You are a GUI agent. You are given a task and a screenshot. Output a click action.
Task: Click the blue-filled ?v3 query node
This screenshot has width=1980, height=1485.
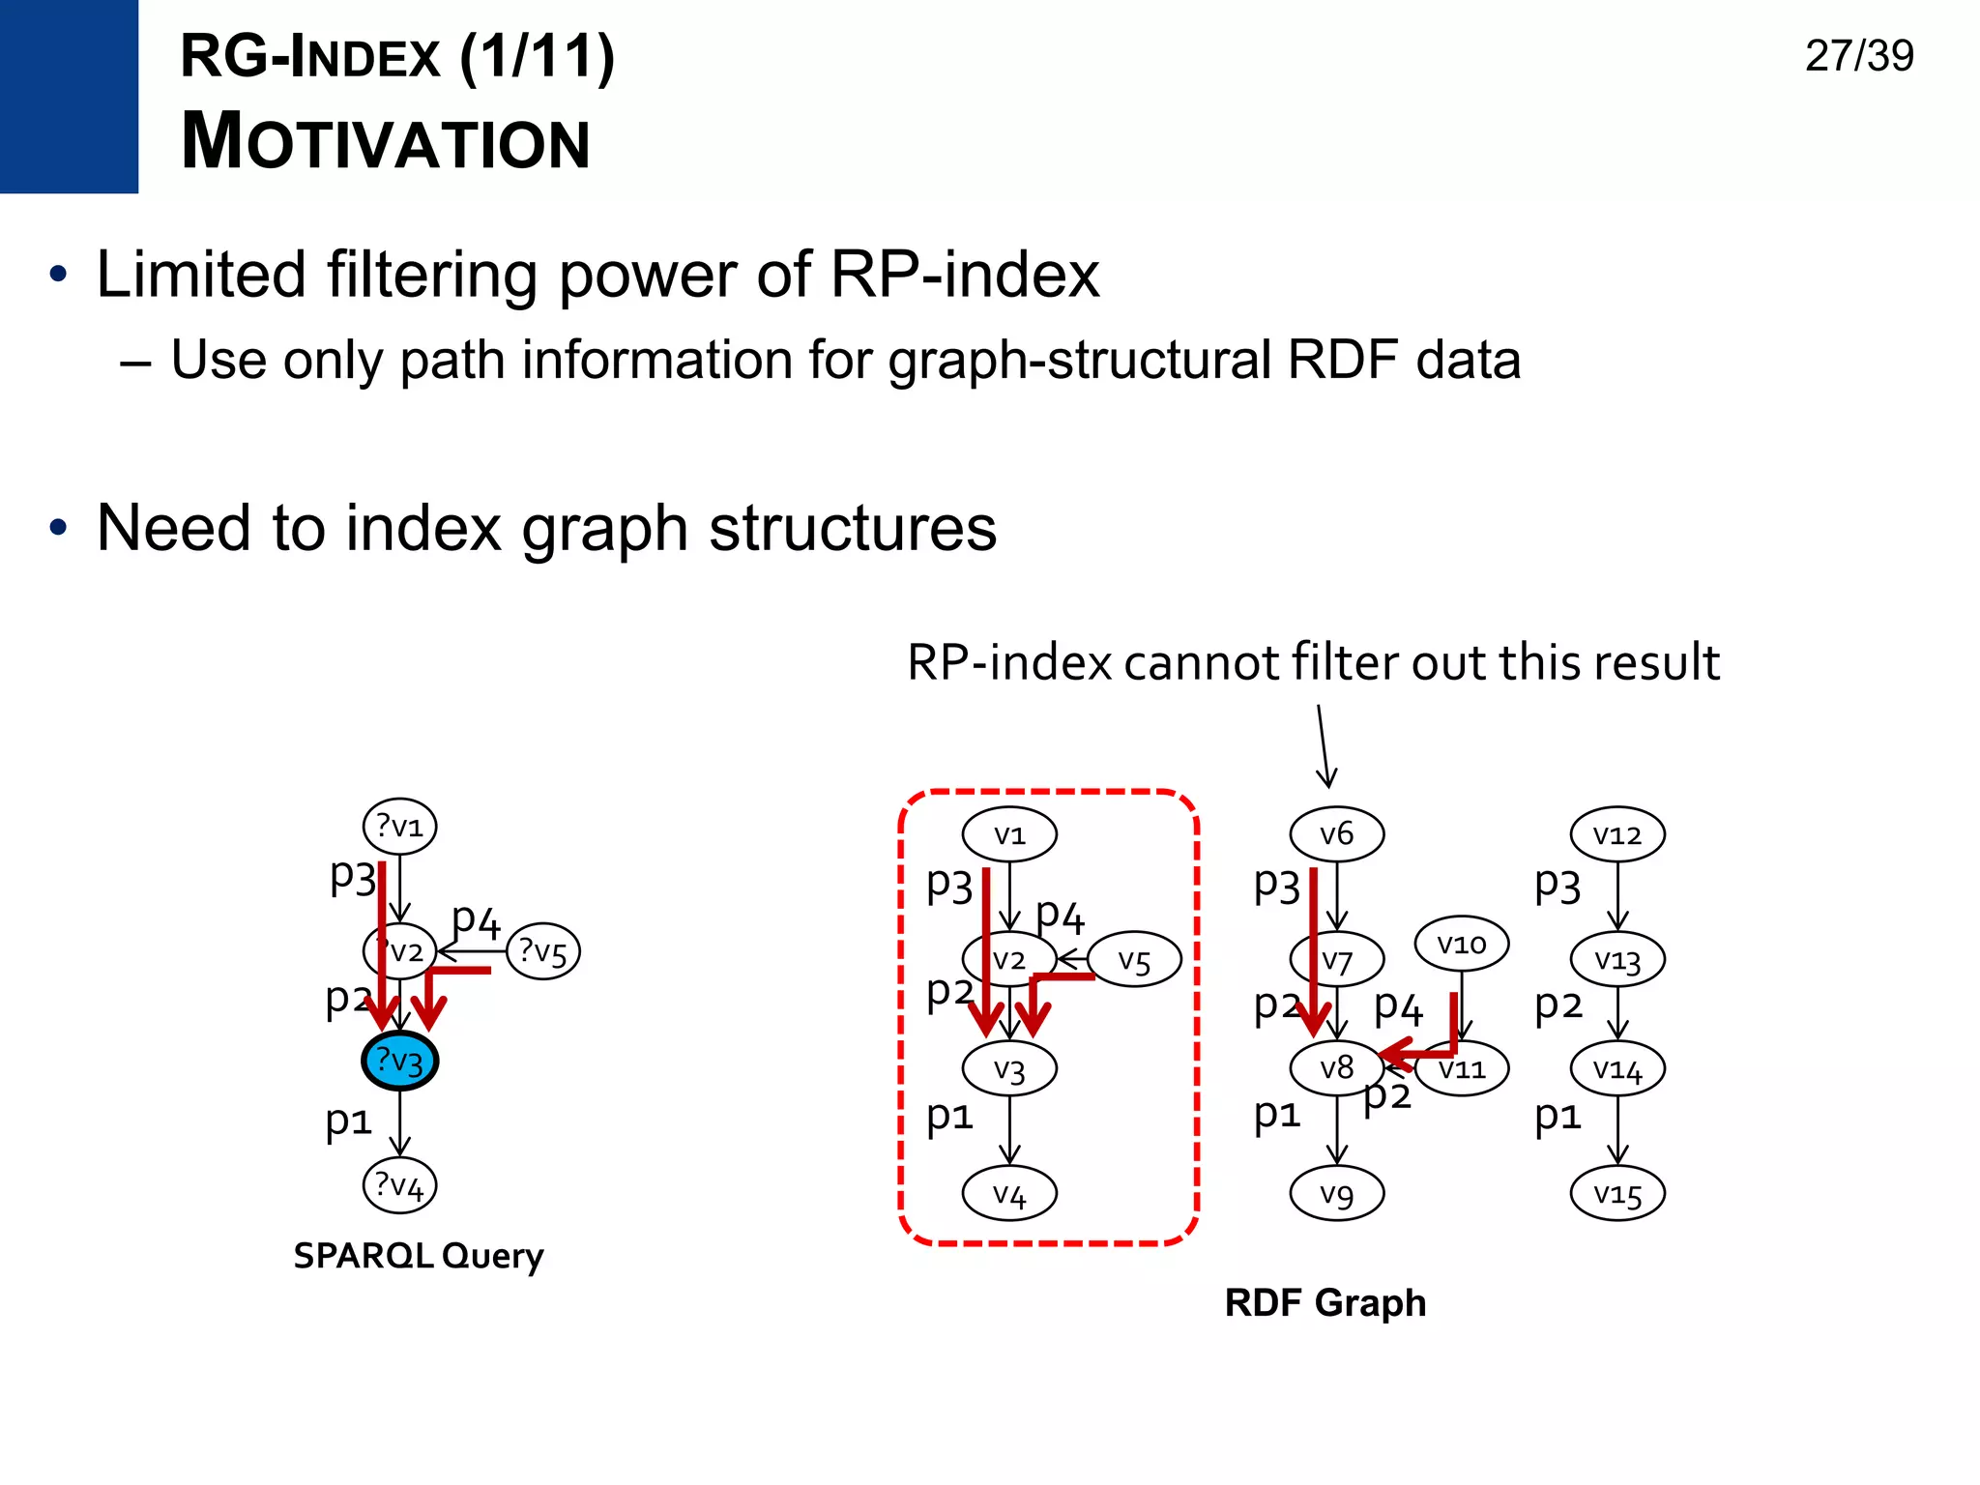(x=399, y=1061)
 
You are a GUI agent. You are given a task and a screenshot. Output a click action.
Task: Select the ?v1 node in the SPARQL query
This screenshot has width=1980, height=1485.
(x=399, y=827)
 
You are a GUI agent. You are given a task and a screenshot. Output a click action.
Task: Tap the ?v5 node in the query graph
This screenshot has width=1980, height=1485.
(x=542, y=951)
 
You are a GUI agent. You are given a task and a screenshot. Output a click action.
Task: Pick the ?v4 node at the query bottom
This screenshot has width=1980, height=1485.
(x=399, y=1185)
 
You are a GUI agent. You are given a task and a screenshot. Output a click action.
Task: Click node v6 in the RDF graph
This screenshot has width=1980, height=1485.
(x=1337, y=833)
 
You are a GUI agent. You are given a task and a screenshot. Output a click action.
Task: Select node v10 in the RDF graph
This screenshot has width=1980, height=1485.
(x=1461, y=944)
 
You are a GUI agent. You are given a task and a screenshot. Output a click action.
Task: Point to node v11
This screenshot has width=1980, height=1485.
(x=1462, y=1069)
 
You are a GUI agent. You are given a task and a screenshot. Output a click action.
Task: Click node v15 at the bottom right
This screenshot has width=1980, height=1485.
(x=1617, y=1194)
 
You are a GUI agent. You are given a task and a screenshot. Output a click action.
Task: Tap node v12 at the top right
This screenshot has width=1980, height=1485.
(x=1617, y=833)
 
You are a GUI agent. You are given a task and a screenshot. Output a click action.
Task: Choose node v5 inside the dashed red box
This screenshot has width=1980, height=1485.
(x=1134, y=960)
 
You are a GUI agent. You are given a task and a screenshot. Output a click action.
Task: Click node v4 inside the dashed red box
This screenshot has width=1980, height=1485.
(x=1009, y=1194)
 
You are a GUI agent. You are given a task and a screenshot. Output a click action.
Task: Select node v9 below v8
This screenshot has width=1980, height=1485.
(x=1337, y=1194)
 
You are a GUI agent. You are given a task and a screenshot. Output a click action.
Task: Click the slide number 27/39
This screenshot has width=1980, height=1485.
(x=1858, y=55)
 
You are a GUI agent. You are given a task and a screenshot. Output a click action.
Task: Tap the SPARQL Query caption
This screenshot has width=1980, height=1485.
(x=418, y=1255)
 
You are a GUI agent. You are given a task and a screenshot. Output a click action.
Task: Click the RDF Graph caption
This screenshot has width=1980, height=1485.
(x=1325, y=1302)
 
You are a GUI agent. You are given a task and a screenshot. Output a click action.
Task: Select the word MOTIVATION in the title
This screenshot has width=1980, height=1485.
(x=385, y=142)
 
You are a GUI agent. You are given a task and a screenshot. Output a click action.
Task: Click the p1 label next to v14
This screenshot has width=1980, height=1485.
(x=1558, y=1115)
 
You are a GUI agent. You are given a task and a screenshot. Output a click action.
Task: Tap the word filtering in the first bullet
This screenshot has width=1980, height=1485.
(x=431, y=275)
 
